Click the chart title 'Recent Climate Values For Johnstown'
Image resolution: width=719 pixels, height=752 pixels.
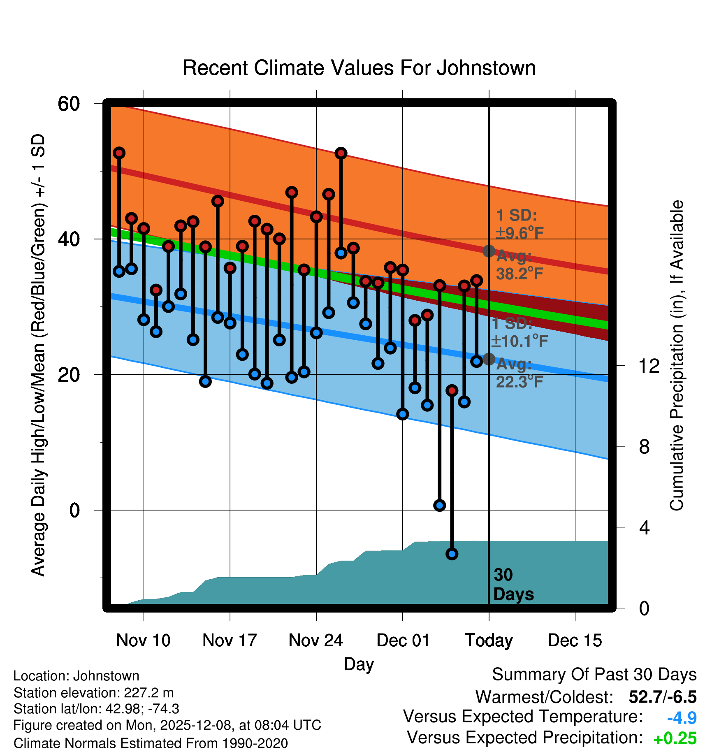359,68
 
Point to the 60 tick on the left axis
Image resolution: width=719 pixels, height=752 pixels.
69,104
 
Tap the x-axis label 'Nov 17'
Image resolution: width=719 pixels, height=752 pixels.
230,641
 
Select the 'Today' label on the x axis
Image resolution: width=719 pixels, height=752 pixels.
489,641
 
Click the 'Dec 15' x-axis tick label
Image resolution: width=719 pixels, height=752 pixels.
575,641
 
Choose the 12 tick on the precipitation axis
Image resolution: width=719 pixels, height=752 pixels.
649,366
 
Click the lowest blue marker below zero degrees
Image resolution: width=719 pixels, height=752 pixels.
452,554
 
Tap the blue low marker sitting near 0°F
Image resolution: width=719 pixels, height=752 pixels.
440,506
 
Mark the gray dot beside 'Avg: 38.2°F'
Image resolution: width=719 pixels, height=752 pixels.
489,251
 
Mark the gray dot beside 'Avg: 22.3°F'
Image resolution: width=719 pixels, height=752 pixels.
489,359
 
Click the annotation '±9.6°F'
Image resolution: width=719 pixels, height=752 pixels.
520,233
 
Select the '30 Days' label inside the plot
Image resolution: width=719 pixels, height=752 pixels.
513,585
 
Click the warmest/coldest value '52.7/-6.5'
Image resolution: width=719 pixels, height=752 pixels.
662,697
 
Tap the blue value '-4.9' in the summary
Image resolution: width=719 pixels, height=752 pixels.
682,718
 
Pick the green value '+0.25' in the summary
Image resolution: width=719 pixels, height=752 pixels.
675,738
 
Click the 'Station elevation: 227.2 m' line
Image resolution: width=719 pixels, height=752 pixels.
94,693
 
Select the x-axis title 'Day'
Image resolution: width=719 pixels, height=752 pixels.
359,664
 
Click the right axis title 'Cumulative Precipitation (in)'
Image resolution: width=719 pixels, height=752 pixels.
677,356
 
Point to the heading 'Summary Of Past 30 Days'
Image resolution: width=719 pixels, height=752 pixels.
594,675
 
